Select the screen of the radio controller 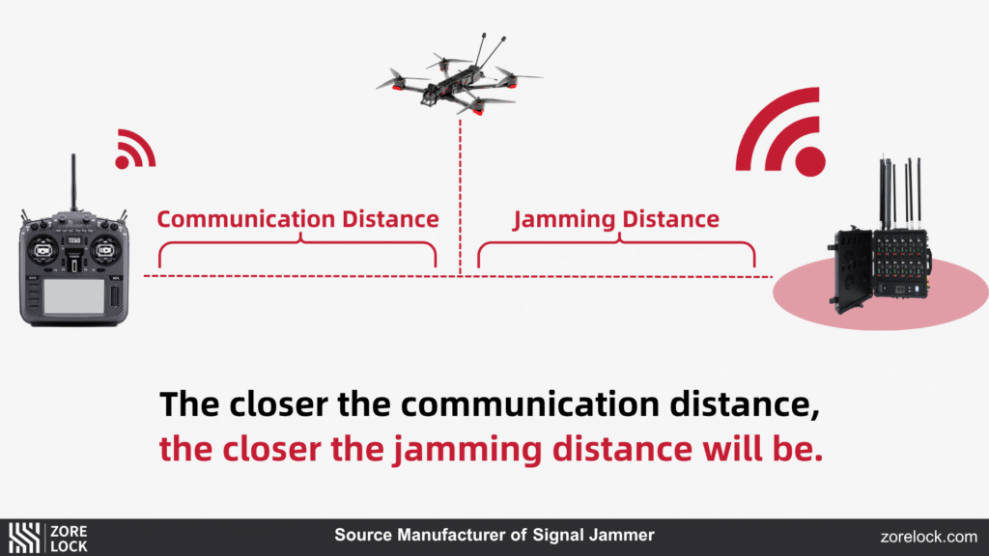[73, 293]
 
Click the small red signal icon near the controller [134, 150]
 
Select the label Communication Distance [297, 219]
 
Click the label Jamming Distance [616, 219]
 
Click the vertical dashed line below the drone [461, 193]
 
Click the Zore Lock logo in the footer [48, 538]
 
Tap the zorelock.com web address [928, 537]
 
